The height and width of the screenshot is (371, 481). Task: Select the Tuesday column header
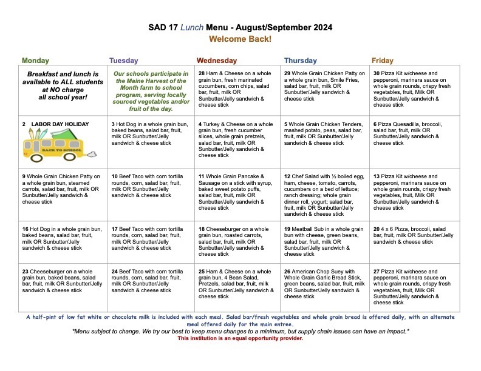[x=123, y=61]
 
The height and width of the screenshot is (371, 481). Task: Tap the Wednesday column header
[x=217, y=61]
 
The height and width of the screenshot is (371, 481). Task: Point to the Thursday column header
[x=300, y=61]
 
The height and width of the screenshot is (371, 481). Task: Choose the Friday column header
[x=382, y=61]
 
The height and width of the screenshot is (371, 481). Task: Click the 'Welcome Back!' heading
[x=241, y=39]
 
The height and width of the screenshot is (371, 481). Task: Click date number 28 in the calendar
[x=202, y=73]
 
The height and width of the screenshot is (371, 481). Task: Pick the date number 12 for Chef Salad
[x=287, y=176]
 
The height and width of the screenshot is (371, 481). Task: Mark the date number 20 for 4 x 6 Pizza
[x=377, y=229]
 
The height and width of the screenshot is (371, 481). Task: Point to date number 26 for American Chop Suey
[x=287, y=272]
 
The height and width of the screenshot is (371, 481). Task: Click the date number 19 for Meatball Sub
[x=287, y=229]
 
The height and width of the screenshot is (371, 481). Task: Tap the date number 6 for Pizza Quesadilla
[x=375, y=124]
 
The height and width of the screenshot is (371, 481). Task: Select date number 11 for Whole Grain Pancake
[x=201, y=176]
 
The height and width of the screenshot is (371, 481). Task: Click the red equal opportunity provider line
[x=240, y=338]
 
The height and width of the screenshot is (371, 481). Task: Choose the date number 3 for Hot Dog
[x=114, y=124]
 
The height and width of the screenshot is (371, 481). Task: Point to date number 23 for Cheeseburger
[x=26, y=272]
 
